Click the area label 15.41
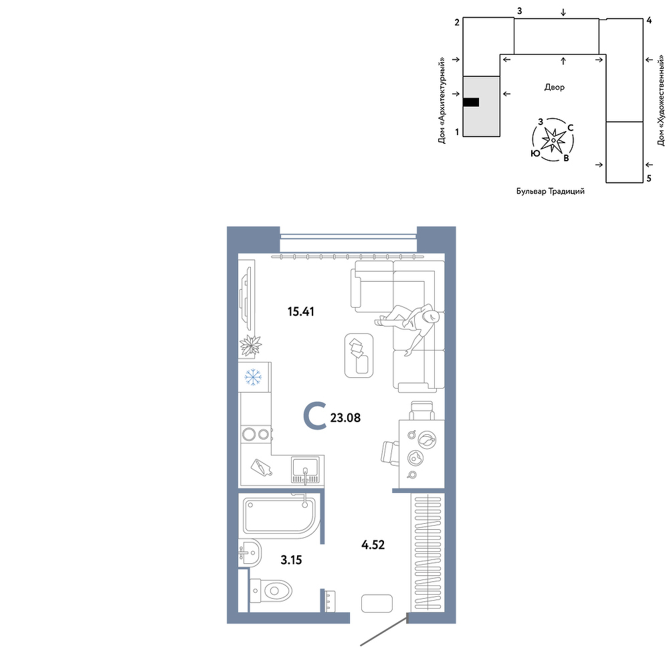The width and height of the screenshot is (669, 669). (x=301, y=312)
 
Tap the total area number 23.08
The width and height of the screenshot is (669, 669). (x=346, y=417)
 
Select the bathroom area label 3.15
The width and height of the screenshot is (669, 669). (x=292, y=560)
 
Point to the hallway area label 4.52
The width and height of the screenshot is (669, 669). (x=373, y=545)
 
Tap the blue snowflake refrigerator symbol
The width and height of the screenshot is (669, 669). (x=253, y=377)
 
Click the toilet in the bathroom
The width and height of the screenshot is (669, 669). (x=271, y=591)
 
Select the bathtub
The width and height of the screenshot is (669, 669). (x=280, y=516)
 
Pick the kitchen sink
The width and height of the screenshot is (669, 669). (x=305, y=470)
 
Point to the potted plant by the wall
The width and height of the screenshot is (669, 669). (x=250, y=345)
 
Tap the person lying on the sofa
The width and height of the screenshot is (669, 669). (x=407, y=326)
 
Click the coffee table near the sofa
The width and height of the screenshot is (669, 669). (x=359, y=355)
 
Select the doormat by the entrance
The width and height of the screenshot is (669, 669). (x=377, y=603)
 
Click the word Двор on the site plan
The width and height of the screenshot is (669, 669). (x=554, y=88)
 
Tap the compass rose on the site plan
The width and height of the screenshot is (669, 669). (x=553, y=140)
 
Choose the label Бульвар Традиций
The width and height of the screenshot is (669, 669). (x=551, y=191)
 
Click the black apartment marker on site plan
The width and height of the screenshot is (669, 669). (x=471, y=102)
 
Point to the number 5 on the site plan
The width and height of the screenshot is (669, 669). (x=649, y=179)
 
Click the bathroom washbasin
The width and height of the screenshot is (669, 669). (x=250, y=553)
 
